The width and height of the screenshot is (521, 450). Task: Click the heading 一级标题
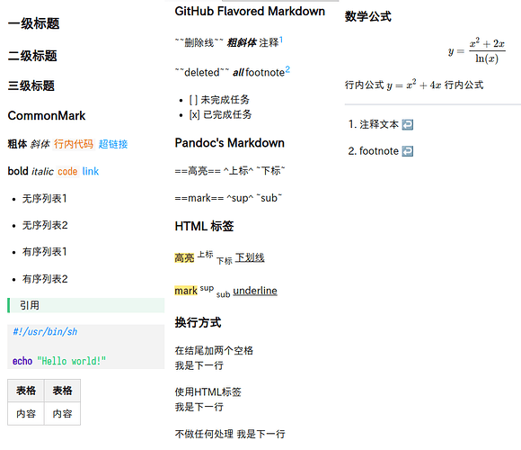[33, 23]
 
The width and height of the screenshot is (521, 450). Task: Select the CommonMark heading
[47, 116]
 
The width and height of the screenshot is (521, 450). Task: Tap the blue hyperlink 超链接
[113, 144]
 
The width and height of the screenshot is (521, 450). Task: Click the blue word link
[91, 171]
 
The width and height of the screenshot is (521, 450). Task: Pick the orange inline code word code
[67, 171]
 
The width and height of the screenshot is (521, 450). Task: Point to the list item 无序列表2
[45, 225]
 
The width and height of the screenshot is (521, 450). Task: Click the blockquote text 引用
[30, 305]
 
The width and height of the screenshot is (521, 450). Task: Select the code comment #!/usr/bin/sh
[45, 331]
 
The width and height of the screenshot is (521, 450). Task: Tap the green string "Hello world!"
[72, 361]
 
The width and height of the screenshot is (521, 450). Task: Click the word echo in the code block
[22, 361]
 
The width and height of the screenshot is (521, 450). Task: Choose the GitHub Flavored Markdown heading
[250, 12]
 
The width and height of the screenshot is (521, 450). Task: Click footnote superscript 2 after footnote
[287, 69]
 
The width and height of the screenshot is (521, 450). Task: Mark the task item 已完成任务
[227, 114]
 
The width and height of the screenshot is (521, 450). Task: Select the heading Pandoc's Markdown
[230, 143]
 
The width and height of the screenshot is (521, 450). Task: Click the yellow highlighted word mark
[186, 291]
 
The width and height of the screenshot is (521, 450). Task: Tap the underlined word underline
[255, 291]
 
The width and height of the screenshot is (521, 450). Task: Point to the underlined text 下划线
[250, 257]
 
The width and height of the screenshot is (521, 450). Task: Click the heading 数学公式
[368, 16]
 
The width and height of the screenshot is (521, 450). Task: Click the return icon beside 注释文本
[407, 125]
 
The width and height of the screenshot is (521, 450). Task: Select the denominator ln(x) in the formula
[487, 58]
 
